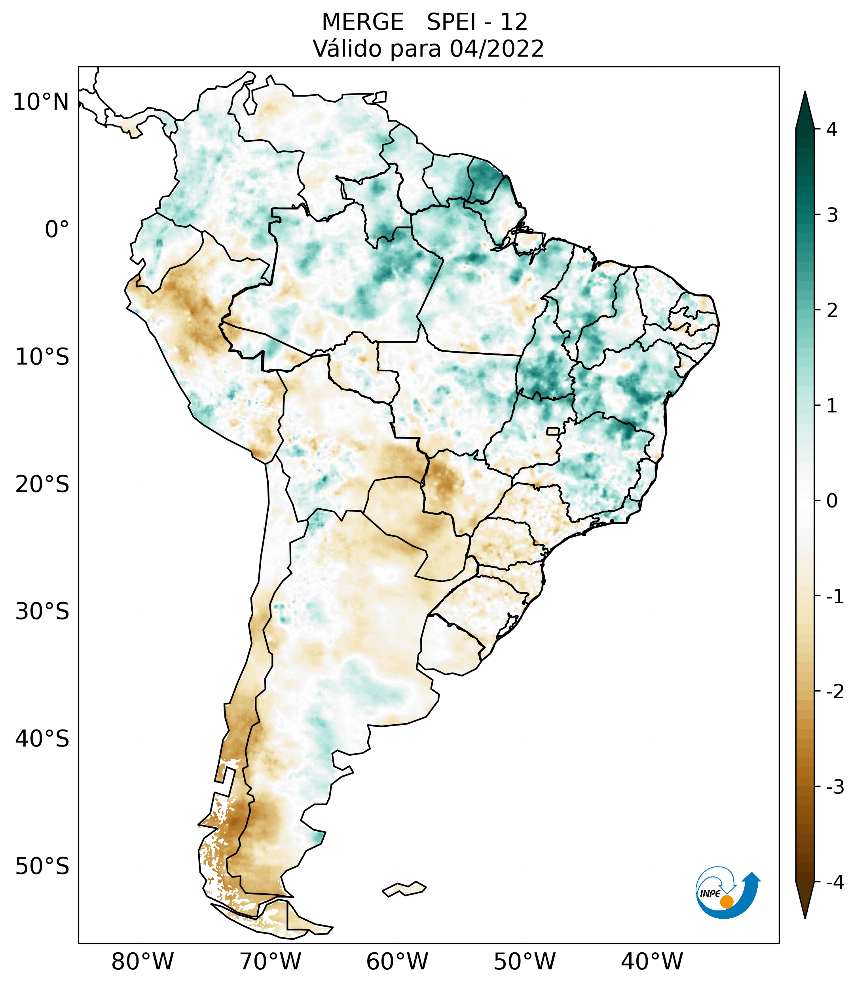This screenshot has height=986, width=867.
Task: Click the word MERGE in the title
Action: pyautogui.click(x=362, y=22)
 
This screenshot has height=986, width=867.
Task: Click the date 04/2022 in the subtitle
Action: pyautogui.click(x=497, y=49)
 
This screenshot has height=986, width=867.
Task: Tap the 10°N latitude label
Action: pyautogui.click(x=40, y=102)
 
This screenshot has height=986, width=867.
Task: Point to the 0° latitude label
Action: pyautogui.click(x=57, y=230)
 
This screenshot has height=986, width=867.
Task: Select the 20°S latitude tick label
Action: pyautogui.click(x=42, y=484)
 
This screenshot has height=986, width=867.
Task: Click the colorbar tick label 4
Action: pyautogui.click(x=832, y=129)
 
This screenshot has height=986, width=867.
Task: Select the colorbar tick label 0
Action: pyautogui.click(x=832, y=501)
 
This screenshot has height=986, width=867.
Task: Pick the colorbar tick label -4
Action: pyautogui.click(x=835, y=883)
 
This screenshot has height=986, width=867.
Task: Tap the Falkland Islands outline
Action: pyautogui.click(x=404, y=889)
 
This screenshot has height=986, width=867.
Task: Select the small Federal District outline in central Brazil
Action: pyautogui.click(x=552, y=431)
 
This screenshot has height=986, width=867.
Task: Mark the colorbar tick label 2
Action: pyautogui.click(x=832, y=311)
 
